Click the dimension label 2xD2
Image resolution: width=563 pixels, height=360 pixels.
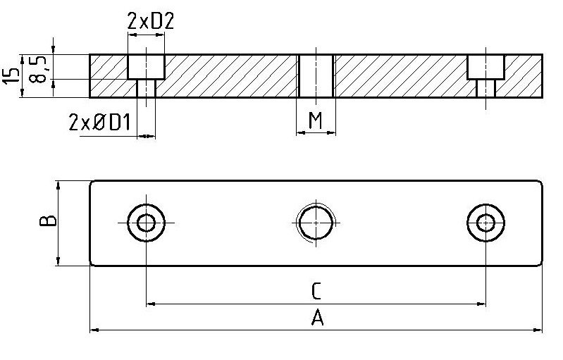pyautogui.click(x=150, y=22)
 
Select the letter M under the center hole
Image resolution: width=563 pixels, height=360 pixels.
pyautogui.click(x=316, y=120)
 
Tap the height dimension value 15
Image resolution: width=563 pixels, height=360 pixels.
pyautogui.click(x=10, y=75)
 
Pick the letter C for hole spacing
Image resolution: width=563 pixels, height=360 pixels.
pyautogui.click(x=316, y=290)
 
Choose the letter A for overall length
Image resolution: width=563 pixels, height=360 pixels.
pyautogui.click(x=317, y=318)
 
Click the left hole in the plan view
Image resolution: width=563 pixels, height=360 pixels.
pyautogui.click(x=147, y=223)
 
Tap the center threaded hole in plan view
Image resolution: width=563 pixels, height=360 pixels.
pyautogui.click(x=315, y=223)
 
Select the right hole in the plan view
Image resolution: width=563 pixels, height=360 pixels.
pyautogui.click(x=485, y=223)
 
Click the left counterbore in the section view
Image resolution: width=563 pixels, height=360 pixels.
pyautogui.click(x=146, y=67)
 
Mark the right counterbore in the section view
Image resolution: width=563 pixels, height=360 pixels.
pyautogui.click(x=485, y=67)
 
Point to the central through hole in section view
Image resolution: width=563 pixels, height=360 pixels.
pyautogui.click(x=315, y=75)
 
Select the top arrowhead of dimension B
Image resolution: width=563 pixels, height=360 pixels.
pyautogui.click(x=58, y=185)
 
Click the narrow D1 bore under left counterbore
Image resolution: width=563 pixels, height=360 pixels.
pyautogui.click(x=146, y=88)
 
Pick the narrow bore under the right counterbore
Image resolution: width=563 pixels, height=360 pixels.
pyautogui.click(x=485, y=88)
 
